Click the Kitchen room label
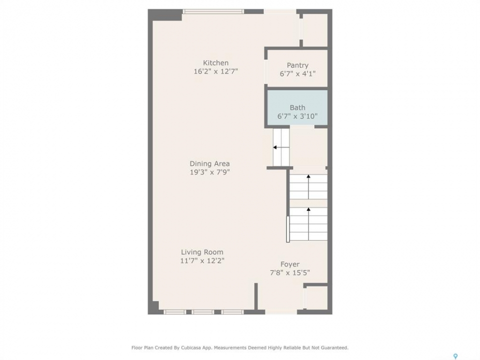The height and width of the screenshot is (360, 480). (x=215, y=63)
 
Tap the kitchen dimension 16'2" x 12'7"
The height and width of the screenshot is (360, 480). (x=216, y=71)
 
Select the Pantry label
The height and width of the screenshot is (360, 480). (x=297, y=65)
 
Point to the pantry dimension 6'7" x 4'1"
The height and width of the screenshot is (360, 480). (x=297, y=74)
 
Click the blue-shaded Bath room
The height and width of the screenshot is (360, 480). (x=297, y=107)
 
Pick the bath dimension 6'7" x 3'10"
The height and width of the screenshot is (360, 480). (x=297, y=116)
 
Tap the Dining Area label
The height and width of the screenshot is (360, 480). (x=209, y=164)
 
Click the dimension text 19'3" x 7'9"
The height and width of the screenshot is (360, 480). (x=209, y=172)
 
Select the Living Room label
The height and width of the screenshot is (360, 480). (x=202, y=252)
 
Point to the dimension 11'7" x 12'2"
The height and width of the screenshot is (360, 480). (x=202, y=261)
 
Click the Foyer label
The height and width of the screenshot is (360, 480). (x=290, y=264)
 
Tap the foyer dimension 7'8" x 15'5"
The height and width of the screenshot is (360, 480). (x=290, y=273)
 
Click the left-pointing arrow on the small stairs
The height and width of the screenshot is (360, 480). (x=281, y=147)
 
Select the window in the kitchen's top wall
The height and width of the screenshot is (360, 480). (x=213, y=11)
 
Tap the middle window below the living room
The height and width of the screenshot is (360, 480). (x=203, y=312)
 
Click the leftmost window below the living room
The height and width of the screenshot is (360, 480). (x=174, y=312)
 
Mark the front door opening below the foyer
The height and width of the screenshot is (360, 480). (x=281, y=312)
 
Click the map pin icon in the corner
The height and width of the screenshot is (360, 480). (x=455, y=356)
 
